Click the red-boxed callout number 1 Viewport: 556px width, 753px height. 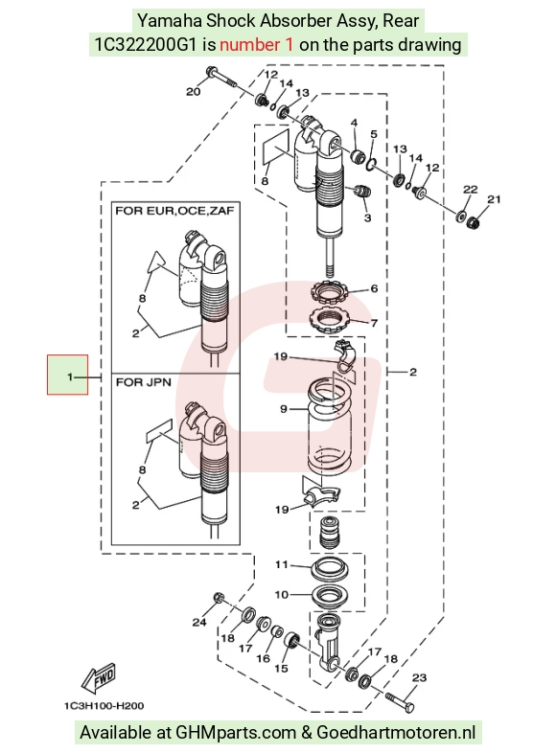(x=70, y=377)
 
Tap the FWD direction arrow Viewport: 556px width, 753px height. (x=99, y=678)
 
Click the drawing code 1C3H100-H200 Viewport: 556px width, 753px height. (x=104, y=706)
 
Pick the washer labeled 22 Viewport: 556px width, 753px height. (x=461, y=216)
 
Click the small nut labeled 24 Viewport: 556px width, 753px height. (x=219, y=598)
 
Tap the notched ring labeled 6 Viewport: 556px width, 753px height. (x=329, y=291)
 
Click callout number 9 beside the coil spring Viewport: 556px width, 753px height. (x=284, y=409)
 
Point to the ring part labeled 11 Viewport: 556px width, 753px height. (x=332, y=569)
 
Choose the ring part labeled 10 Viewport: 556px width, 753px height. (x=332, y=597)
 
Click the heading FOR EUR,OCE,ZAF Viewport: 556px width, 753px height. (x=174, y=211)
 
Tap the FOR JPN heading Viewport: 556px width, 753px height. (x=144, y=382)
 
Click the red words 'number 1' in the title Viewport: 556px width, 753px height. (x=256, y=45)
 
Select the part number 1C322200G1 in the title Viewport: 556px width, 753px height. (x=145, y=45)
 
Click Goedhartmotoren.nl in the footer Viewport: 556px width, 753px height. (x=397, y=733)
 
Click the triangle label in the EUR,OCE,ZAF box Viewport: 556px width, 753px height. (x=155, y=262)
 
